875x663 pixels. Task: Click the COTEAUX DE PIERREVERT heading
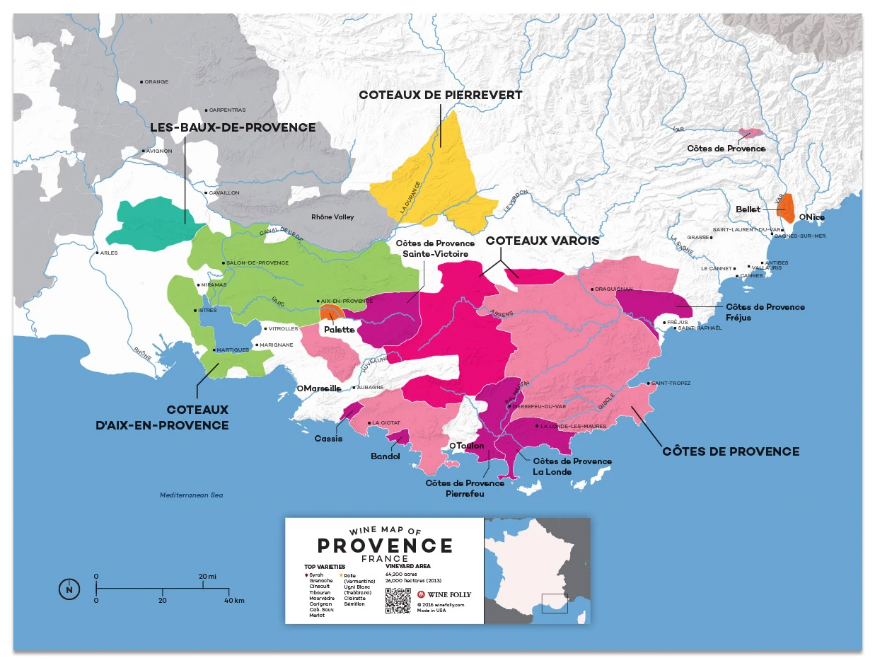(x=440, y=95)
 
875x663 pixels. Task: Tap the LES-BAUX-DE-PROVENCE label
(x=233, y=127)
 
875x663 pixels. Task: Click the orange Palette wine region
(x=332, y=313)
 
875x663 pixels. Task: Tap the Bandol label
(x=386, y=456)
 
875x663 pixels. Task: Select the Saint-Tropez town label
(x=671, y=383)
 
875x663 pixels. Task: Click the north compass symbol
(x=69, y=589)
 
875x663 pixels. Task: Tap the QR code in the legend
(x=398, y=600)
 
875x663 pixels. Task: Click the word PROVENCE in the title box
(x=385, y=546)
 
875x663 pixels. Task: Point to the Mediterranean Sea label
(x=191, y=495)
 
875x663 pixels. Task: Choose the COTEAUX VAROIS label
(x=542, y=241)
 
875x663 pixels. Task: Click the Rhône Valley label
(x=332, y=217)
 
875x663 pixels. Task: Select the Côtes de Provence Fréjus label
(x=765, y=312)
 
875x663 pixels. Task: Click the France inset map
(x=536, y=570)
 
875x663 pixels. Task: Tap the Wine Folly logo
(x=444, y=594)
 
